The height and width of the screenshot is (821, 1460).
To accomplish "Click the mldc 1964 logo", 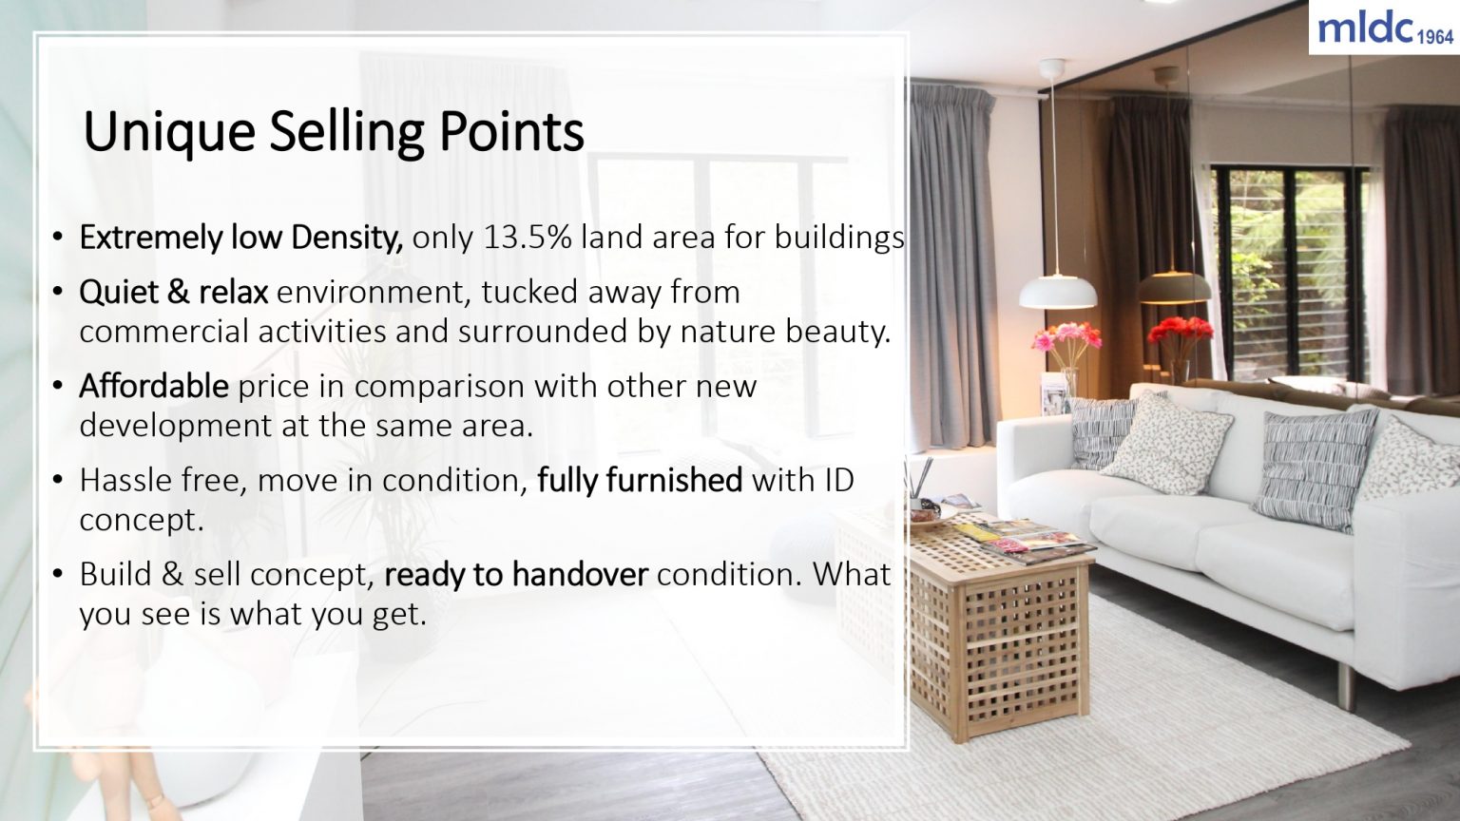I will [1385, 29].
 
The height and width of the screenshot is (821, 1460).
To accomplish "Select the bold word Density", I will [347, 238].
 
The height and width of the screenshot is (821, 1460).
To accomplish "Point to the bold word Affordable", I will [154, 387].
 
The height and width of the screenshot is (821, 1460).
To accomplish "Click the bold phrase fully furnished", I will [640, 481].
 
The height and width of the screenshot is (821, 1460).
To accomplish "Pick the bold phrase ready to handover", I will [516, 575].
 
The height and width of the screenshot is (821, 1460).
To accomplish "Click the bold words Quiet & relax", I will [174, 293].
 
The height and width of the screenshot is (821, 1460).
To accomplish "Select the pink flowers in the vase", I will [1066, 337].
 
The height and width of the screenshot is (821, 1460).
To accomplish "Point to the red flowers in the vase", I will [1180, 330].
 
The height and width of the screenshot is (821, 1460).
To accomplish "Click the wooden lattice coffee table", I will [998, 637].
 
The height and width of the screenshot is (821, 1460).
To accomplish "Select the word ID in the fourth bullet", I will [838, 481].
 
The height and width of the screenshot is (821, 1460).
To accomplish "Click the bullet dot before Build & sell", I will [58, 575].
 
